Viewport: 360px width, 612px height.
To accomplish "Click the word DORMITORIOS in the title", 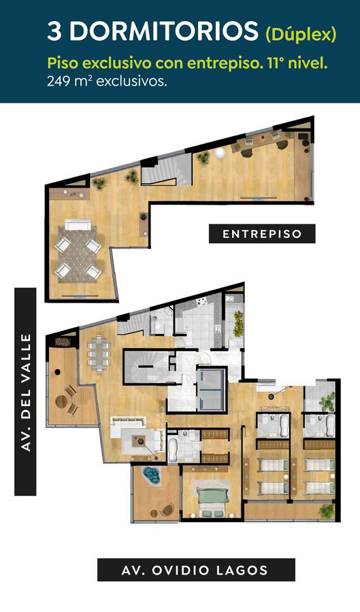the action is (x=163, y=31).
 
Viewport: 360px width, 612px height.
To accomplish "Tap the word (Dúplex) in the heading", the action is (x=301, y=34).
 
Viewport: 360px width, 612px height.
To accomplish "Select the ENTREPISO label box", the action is (x=262, y=234).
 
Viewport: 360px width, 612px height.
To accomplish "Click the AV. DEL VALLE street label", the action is (x=25, y=392).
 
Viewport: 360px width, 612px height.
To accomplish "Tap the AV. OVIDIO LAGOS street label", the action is (x=196, y=570).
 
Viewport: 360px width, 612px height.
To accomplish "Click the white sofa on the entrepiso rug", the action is (x=78, y=225).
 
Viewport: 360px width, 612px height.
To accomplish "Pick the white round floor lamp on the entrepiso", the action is (x=220, y=152).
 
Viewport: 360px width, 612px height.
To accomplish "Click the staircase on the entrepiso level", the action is (x=165, y=170).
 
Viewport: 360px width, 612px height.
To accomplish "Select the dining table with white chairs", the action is (x=99, y=352).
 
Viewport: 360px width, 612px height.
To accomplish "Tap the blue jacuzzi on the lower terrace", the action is (x=152, y=476).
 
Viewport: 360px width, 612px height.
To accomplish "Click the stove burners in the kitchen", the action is (x=202, y=302).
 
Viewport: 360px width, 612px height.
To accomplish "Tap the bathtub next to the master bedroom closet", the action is (x=173, y=449).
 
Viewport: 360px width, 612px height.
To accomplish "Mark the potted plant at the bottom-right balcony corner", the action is (x=326, y=511).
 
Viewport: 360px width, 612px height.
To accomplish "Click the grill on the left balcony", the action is (x=63, y=342).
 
